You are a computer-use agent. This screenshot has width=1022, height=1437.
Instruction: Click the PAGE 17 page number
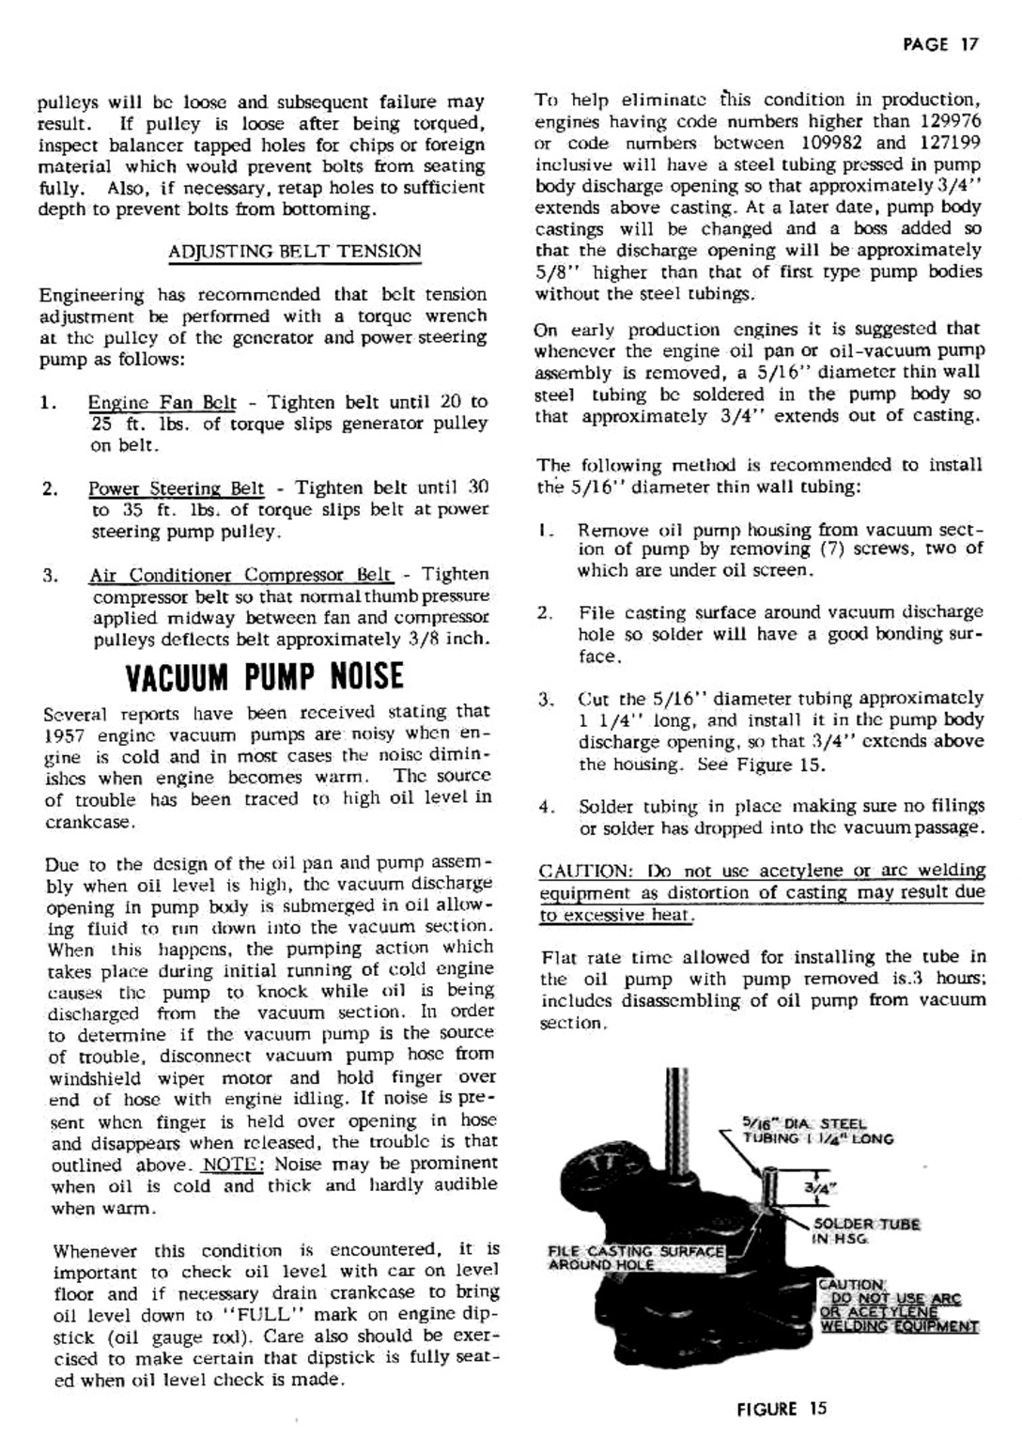click(940, 44)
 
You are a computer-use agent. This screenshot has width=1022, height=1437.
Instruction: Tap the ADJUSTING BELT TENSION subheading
click(294, 251)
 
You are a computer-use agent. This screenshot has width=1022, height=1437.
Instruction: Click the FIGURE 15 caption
click(782, 1408)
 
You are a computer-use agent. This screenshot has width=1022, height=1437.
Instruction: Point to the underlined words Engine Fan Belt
click(162, 402)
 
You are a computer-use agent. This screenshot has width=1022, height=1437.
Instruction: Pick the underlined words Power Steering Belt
click(177, 488)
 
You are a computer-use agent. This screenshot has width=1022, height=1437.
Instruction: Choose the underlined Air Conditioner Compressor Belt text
click(240, 575)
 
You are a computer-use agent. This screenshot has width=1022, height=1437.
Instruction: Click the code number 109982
click(835, 143)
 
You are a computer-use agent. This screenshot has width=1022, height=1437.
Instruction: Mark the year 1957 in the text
click(65, 734)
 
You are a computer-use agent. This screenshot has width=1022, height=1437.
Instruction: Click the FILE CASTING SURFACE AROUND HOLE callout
click(636, 1258)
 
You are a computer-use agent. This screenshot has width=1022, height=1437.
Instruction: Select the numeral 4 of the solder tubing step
click(544, 807)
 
